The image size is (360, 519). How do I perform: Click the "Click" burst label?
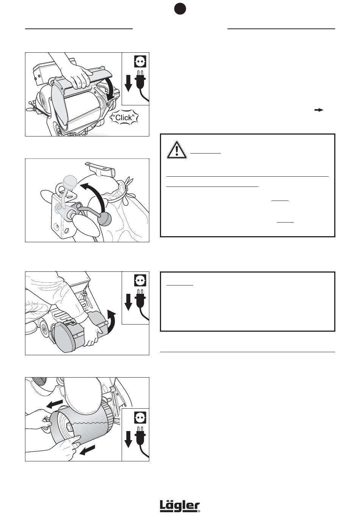coord(124,118)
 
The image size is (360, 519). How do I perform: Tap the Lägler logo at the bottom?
coord(180,506)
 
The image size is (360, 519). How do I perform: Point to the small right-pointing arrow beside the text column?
coord(319,110)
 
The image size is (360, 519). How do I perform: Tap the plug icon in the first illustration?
coord(141,82)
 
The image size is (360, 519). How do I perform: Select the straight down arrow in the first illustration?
coord(128,83)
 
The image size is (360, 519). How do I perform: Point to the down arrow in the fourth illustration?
coord(128,439)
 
